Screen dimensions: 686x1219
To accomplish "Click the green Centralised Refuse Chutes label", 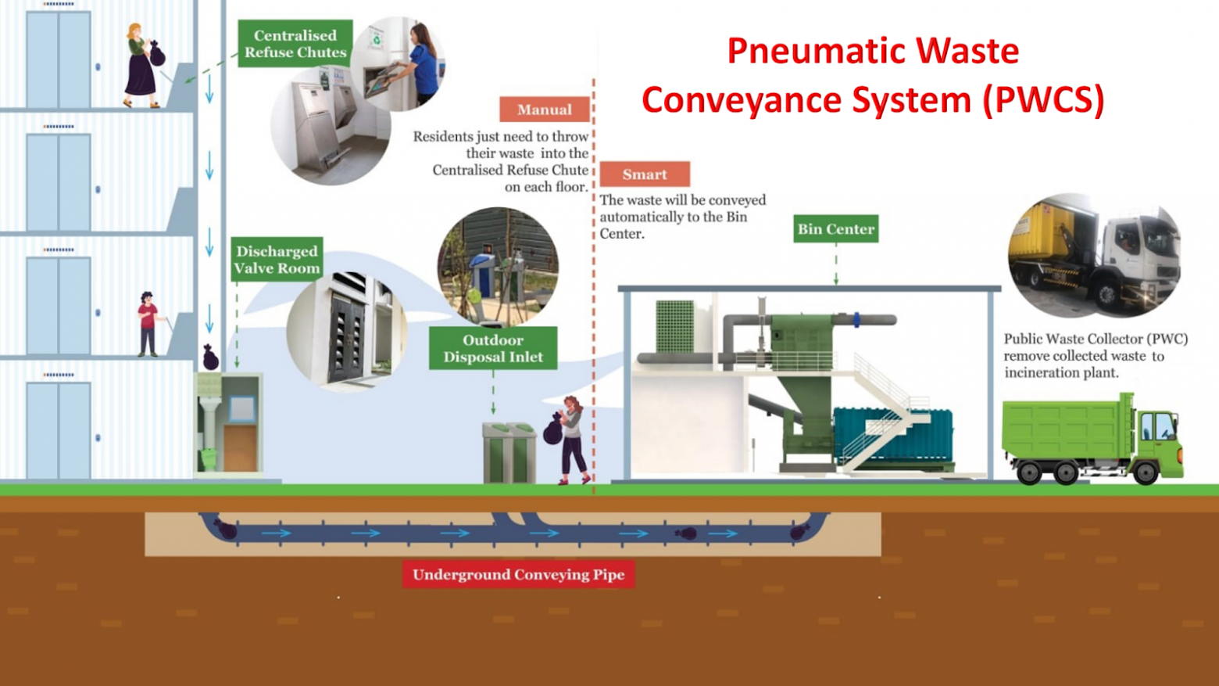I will pyautogui.click(x=295, y=44).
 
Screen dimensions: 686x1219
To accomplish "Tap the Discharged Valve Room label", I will pyautogui.click(x=277, y=259).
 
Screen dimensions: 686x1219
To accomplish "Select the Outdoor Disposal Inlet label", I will pyautogui.click(x=492, y=348).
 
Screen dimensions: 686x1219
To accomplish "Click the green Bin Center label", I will pyautogui.click(x=835, y=229).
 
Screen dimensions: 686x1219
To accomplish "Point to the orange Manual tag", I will pyautogui.click(x=544, y=110).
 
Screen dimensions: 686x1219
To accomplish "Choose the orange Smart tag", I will pyautogui.click(x=645, y=174).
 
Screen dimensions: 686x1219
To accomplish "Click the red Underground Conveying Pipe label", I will pyautogui.click(x=518, y=575).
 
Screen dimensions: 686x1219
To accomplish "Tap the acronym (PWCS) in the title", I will pyautogui.click(x=1043, y=100).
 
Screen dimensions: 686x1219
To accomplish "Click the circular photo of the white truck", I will pyautogui.click(x=1094, y=255).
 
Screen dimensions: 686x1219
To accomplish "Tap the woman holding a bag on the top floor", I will pyautogui.click(x=141, y=66).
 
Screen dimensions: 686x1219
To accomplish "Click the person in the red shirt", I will pyautogui.click(x=148, y=323).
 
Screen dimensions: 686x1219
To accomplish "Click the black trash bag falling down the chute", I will pyautogui.click(x=210, y=357).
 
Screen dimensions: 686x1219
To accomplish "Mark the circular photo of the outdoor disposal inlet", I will pyautogui.click(x=498, y=266).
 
